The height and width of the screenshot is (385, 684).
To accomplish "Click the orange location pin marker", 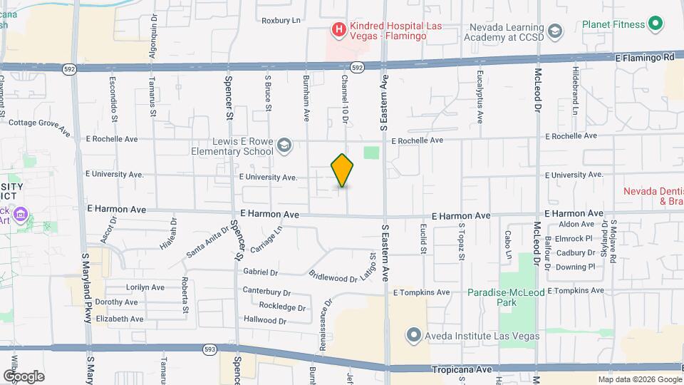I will pos(343,170).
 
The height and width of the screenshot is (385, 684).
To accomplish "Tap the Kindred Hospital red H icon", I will pos(339,30).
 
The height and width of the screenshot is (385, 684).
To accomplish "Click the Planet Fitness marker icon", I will pos(656,24).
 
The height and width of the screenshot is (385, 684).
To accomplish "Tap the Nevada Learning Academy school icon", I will pos(556,32).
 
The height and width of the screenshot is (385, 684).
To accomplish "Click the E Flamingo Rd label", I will pos(644,57).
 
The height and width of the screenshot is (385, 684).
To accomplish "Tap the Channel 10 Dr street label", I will pos(344,98).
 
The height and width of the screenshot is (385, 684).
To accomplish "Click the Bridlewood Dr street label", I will pos(333,276).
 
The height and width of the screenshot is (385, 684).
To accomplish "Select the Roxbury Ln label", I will pos(281,20).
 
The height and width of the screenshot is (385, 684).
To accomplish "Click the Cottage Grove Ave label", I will pos(39,126).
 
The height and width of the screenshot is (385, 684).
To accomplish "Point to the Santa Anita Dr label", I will pos(207,242).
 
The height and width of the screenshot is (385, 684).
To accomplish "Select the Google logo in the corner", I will pos(24,376).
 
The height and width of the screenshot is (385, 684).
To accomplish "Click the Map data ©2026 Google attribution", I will pos(639,379).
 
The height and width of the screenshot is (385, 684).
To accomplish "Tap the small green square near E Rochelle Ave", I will pos(371,152).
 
